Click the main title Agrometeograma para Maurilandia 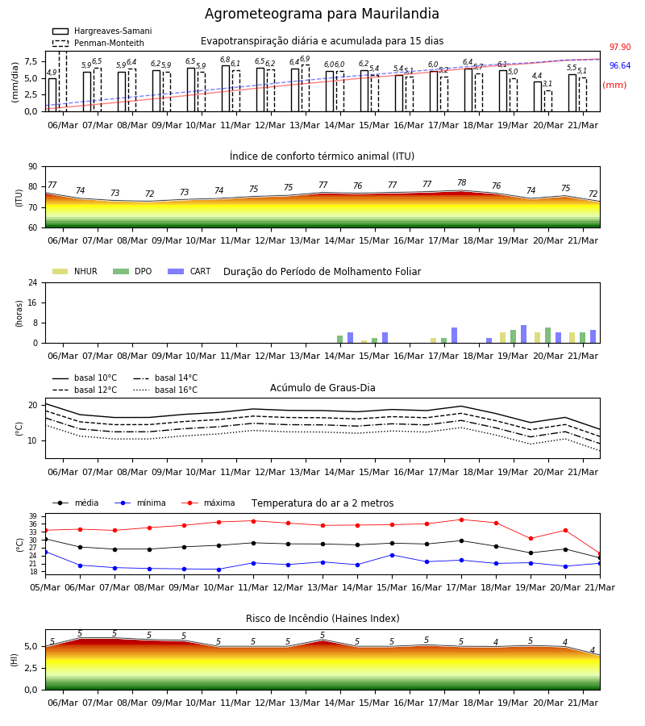(x=322, y=14)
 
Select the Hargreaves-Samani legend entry (x=102, y=31)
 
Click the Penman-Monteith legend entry (x=98, y=43)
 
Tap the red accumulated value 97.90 (x=620, y=47)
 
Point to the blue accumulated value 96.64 (x=620, y=66)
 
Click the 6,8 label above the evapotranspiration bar (x=225, y=60)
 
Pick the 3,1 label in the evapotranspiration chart (x=547, y=84)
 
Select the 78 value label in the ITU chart (x=462, y=182)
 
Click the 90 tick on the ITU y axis (x=33, y=167)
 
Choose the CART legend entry (x=189, y=271)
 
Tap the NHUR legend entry (x=75, y=271)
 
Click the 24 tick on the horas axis (x=33, y=282)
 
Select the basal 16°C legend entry (x=165, y=390)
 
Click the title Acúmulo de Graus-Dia (x=322, y=388)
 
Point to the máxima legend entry (x=208, y=503)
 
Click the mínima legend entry (x=140, y=503)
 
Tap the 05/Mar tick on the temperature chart (x=45, y=587)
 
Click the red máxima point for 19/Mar (x=531, y=539)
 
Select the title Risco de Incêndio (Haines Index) (x=322, y=619)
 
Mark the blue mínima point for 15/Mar (x=393, y=555)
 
